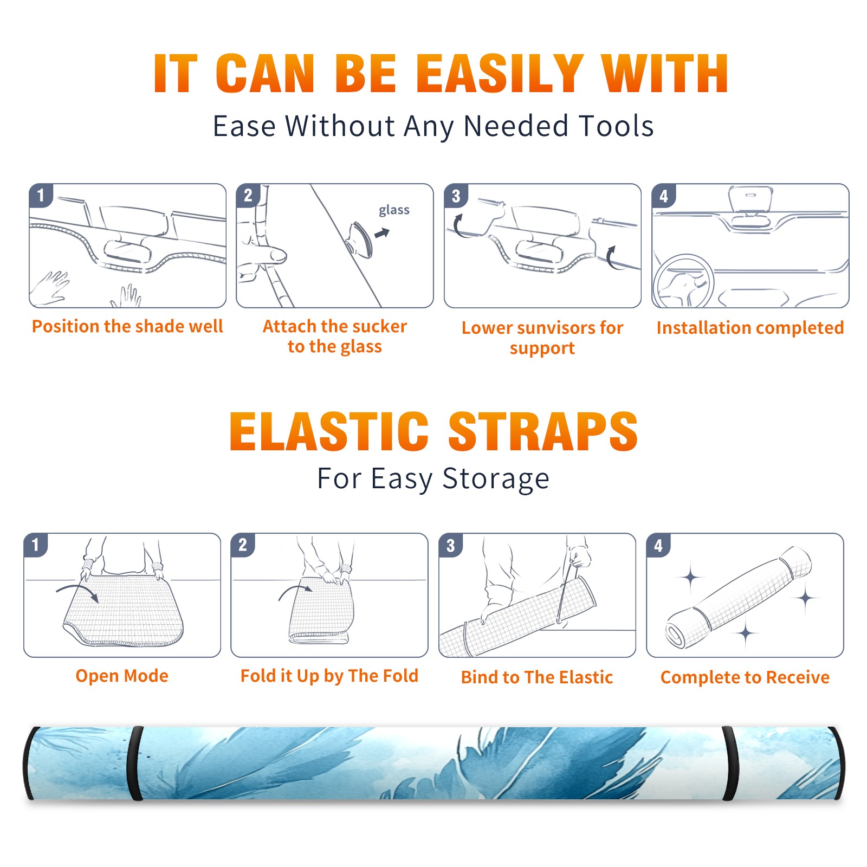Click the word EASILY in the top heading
point(500,74)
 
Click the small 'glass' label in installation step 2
point(394,210)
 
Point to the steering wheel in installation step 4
point(683,282)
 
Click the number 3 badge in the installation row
point(456,196)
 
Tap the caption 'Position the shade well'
point(127,326)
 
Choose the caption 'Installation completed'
point(750,328)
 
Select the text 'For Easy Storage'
point(433,478)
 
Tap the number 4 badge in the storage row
point(658,546)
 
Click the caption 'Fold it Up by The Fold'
point(329,676)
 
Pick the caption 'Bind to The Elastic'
point(537,677)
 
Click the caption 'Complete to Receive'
point(745,677)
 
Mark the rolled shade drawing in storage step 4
point(738,597)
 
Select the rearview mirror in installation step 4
point(750,200)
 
